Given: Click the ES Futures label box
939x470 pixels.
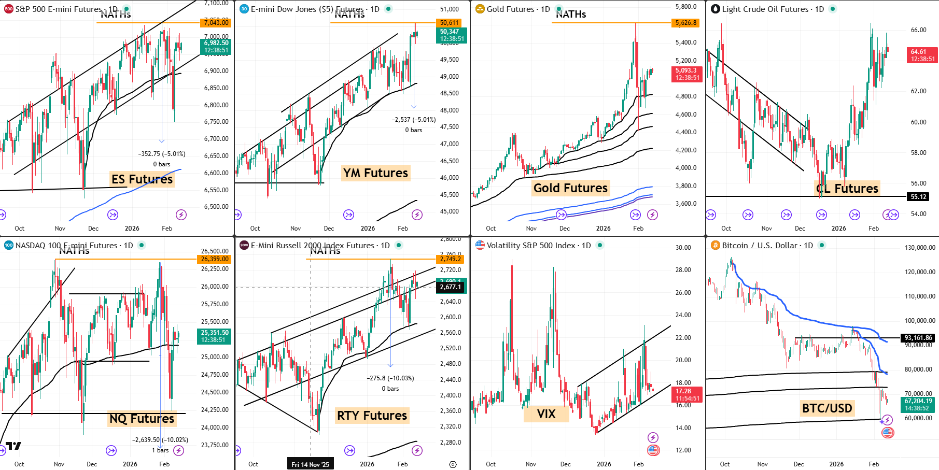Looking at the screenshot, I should click(x=142, y=179).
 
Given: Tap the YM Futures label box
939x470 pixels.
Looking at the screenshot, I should click(x=375, y=173).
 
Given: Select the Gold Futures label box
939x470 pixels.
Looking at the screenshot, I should click(x=570, y=188).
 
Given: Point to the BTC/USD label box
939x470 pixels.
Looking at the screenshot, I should click(x=827, y=408).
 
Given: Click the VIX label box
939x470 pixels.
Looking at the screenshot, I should click(x=546, y=414).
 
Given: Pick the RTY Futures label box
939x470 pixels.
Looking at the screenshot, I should click(x=372, y=416).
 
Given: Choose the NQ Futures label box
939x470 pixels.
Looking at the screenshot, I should click(x=142, y=419).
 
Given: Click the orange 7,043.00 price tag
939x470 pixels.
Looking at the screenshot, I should click(x=216, y=23).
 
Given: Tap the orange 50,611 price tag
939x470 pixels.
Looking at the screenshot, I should click(x=449, y=23).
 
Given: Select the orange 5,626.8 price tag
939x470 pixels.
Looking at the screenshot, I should click(x=686, y=23).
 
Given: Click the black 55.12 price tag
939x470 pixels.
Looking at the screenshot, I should click(x=918, y=197).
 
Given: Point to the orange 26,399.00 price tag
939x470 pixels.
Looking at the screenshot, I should click(x=215, y=259).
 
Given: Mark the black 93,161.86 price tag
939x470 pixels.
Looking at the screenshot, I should click(x=918, y=338).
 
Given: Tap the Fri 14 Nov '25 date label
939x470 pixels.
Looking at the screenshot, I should click(x=310, y=464).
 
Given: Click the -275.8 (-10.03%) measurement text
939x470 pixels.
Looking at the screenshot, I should click(x=390, y=378).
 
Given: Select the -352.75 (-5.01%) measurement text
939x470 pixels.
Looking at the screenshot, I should click(x=161, y=154).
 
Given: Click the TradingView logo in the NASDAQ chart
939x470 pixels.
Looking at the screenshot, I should click(x=13, y=446).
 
